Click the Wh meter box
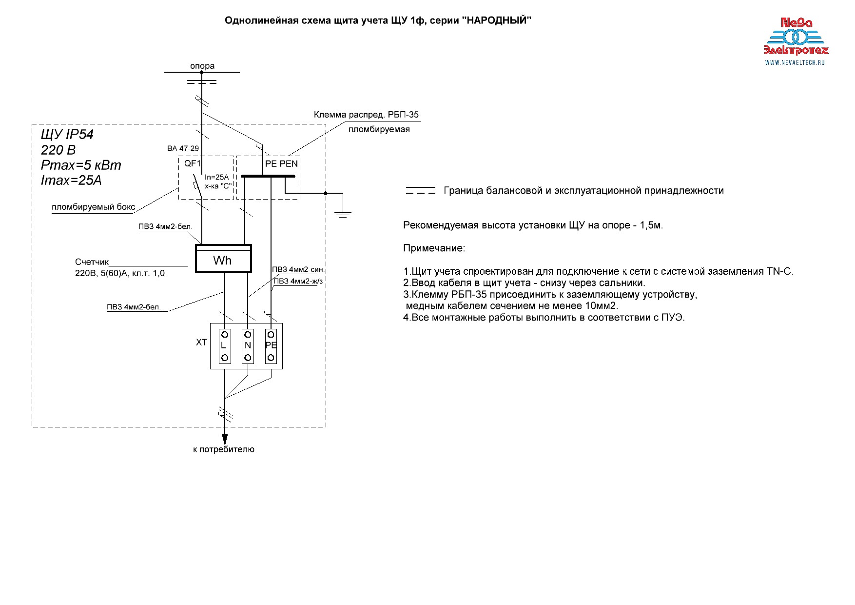point(223,259)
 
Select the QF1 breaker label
point(193,163)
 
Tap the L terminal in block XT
point(225,346)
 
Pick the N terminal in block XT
point(248,346)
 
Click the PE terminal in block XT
point(271,346)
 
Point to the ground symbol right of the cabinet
point(343,213)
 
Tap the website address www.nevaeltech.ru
point(795,62)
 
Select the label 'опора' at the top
point(202,66)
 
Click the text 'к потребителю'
point(224,449)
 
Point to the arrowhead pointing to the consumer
point(225,438)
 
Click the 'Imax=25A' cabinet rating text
point(71,181)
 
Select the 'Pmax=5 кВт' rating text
point(81,165)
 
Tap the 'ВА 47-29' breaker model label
point(183,148)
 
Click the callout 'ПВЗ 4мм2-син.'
point(298,269)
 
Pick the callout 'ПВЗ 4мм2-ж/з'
point(298,281)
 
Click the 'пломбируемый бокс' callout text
point(94,207)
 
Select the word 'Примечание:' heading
point(434,248)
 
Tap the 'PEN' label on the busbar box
point(289,164)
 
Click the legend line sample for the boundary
point(421,190)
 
